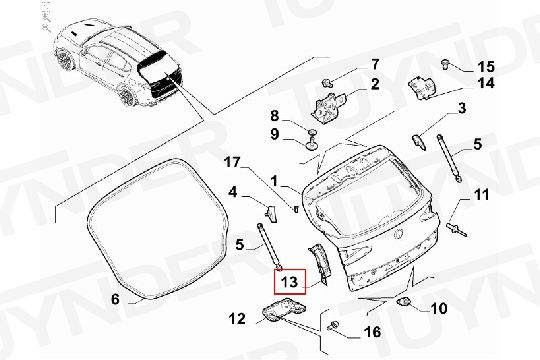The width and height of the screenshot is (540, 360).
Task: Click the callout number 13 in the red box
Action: click(x=289, y=282)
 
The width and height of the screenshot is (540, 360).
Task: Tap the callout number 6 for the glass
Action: click(x=115, y=299)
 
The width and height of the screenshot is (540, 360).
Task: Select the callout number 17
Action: click(x=231, y=162)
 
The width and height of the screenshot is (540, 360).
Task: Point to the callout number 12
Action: click(x=237, y=319)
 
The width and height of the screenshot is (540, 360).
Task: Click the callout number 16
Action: click(x=372, y=332)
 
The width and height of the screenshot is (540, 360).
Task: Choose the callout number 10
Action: click(x=439, y=308)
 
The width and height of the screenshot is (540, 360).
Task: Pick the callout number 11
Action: click(x=482, y=195)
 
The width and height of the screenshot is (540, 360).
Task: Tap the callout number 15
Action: click(x=486, y=66)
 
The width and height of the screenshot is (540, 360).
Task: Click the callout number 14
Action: click(x=486, y=83)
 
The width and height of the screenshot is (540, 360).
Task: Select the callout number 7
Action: click(x=375, y=64)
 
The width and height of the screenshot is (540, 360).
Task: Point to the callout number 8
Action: click(x=274, y=116)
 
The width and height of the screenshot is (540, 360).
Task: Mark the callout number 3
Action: click(x=462, y=108)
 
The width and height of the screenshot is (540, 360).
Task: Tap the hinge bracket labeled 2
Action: click(x=328, y=106)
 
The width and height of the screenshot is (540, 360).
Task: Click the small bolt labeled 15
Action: click(x=446, y=64)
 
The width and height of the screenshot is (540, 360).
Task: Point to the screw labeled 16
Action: click(x=333, y=325)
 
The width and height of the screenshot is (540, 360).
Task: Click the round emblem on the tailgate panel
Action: click(x=399, y=234)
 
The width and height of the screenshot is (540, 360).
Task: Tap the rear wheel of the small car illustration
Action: click(x=126, y=95)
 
